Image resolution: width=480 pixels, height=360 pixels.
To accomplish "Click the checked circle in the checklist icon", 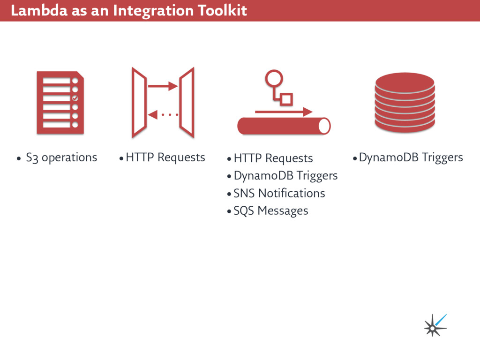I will tap(75, 98).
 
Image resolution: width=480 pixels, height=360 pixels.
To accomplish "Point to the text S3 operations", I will tap(61, 157).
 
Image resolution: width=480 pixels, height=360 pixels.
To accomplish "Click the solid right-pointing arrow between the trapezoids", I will tap(163, 86).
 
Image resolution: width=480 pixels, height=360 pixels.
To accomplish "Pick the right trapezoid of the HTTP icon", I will tap(187, 102).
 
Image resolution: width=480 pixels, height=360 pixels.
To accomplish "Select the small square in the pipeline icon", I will tap(286, 99).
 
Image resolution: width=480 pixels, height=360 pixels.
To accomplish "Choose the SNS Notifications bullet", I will tap(279, 193).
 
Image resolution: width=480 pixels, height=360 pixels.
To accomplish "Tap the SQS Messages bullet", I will tap(270, 210).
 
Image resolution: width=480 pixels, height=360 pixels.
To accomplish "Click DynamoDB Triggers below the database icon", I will tap(411, 157).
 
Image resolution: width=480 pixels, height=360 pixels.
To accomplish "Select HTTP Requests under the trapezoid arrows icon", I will tap(165, 157).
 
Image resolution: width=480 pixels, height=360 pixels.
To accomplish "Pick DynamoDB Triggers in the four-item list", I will tap(285, 176).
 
